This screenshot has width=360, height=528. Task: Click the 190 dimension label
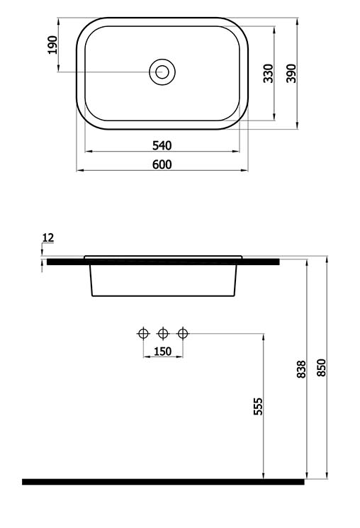pos(53,45)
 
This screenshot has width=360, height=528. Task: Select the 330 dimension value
pos(269,73)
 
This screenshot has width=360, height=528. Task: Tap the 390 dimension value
pos(291,73)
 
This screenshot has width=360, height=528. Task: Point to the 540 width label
pos(162,145)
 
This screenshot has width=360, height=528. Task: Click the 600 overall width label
pos(162,164)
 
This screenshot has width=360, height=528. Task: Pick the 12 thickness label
pos(48,237)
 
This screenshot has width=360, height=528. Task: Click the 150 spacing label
pos(163,352)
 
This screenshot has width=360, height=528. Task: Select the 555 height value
pos(258,406)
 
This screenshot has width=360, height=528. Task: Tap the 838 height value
pos(301,369)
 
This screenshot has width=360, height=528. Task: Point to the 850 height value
pos(322,368)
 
